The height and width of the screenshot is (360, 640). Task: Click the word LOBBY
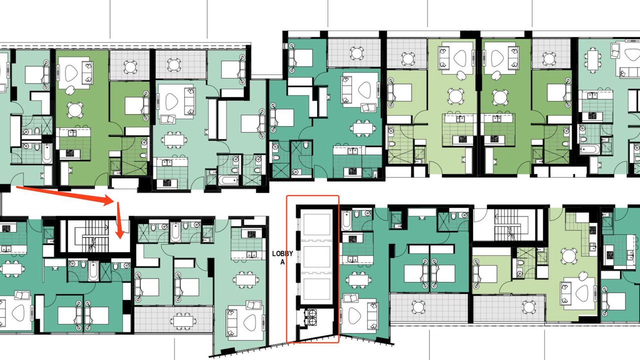pos(282,253)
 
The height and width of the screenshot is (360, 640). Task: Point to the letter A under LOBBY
pos(282,262)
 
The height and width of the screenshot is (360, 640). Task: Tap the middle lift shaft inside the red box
pos(316,256)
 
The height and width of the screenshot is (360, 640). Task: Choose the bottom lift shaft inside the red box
pos(316,289)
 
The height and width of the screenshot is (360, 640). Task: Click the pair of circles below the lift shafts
pos(311,317)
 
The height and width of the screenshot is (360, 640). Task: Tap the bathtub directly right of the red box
pos(346,220)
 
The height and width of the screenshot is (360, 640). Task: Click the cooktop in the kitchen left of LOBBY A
pos(247,233)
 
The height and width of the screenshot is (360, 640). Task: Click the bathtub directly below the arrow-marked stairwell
pos(93,271)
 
